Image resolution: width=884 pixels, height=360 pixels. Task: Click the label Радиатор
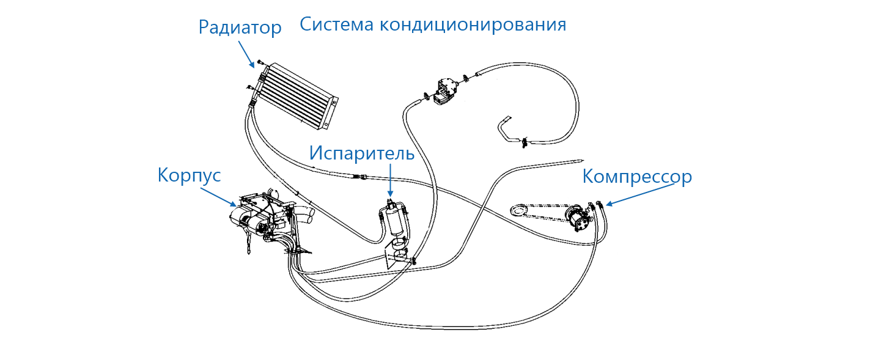pos(240,28)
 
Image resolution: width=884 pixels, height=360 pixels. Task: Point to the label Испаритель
pos(361,153)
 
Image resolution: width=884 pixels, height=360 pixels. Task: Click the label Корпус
pos(189,175)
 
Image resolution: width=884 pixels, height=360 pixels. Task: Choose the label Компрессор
pos(636,177)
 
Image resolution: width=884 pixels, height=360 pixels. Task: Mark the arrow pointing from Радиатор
pos(246,53)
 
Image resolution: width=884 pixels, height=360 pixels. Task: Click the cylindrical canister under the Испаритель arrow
pos(391,220)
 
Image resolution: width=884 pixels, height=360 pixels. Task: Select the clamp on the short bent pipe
pos(524,142)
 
